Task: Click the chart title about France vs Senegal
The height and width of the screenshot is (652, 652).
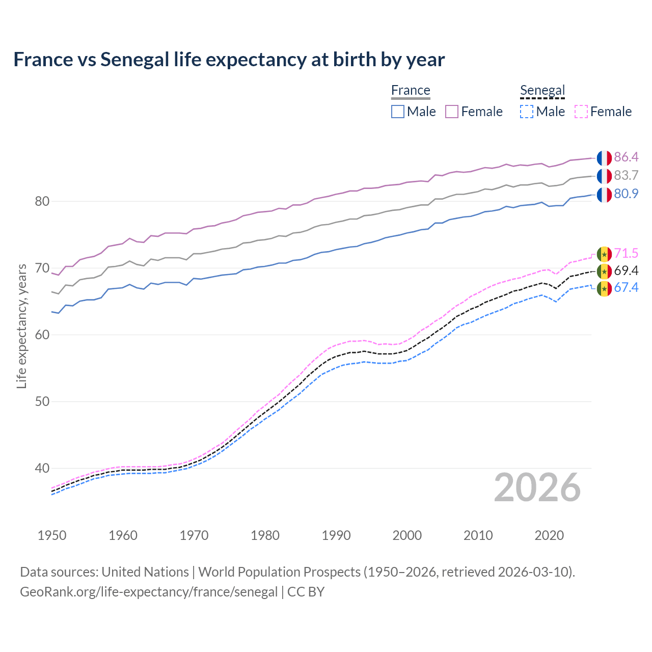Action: point(229,60)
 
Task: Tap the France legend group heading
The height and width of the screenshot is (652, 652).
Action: point(411,91)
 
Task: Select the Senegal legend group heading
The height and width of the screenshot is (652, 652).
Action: point(542,91)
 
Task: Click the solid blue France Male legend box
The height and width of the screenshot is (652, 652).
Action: point(398,112)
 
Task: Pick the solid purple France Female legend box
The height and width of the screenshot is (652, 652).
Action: point(452,112)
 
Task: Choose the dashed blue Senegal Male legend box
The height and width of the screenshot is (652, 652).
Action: point(527,112)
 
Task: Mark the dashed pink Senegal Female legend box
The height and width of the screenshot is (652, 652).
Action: point(581,112)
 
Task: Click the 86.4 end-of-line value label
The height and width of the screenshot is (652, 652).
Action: point(626,157)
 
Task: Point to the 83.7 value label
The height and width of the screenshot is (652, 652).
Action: point(626,175)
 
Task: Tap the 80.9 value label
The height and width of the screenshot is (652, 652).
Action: point(626,194)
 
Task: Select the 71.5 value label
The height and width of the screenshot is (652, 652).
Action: point(626,253)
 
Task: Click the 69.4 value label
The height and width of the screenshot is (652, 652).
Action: point(626,270)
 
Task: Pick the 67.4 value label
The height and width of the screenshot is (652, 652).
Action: point(626,287)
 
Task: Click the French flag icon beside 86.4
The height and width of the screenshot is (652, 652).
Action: point(604,158)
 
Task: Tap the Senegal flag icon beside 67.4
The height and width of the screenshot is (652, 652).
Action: point(604,289)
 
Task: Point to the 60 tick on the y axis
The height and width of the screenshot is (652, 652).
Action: point(42,335)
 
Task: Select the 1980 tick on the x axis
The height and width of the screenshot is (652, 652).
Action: point(265,535)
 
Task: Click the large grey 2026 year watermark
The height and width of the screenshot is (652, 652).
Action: point(537,487)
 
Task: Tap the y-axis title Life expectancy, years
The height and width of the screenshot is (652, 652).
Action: point(21,326)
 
